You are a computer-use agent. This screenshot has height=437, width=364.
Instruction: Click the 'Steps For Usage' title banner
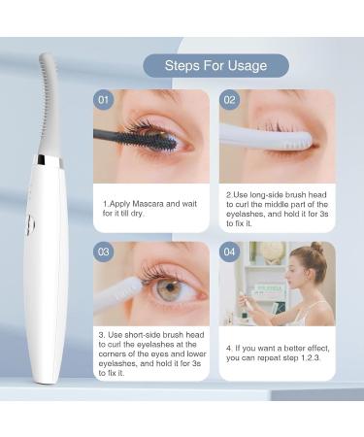pyautogui.click(x=216, y=65)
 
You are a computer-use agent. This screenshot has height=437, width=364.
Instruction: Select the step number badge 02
pyautogui.click(x=230, y=99)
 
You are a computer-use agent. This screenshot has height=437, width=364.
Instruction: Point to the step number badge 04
pyautogui.click(x=230, y=251)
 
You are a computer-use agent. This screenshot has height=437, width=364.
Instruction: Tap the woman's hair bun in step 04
pyautogui.click(x=316, y=250)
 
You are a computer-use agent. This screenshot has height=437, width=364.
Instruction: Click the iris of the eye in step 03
pyautogui.click(x=170, y=288)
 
